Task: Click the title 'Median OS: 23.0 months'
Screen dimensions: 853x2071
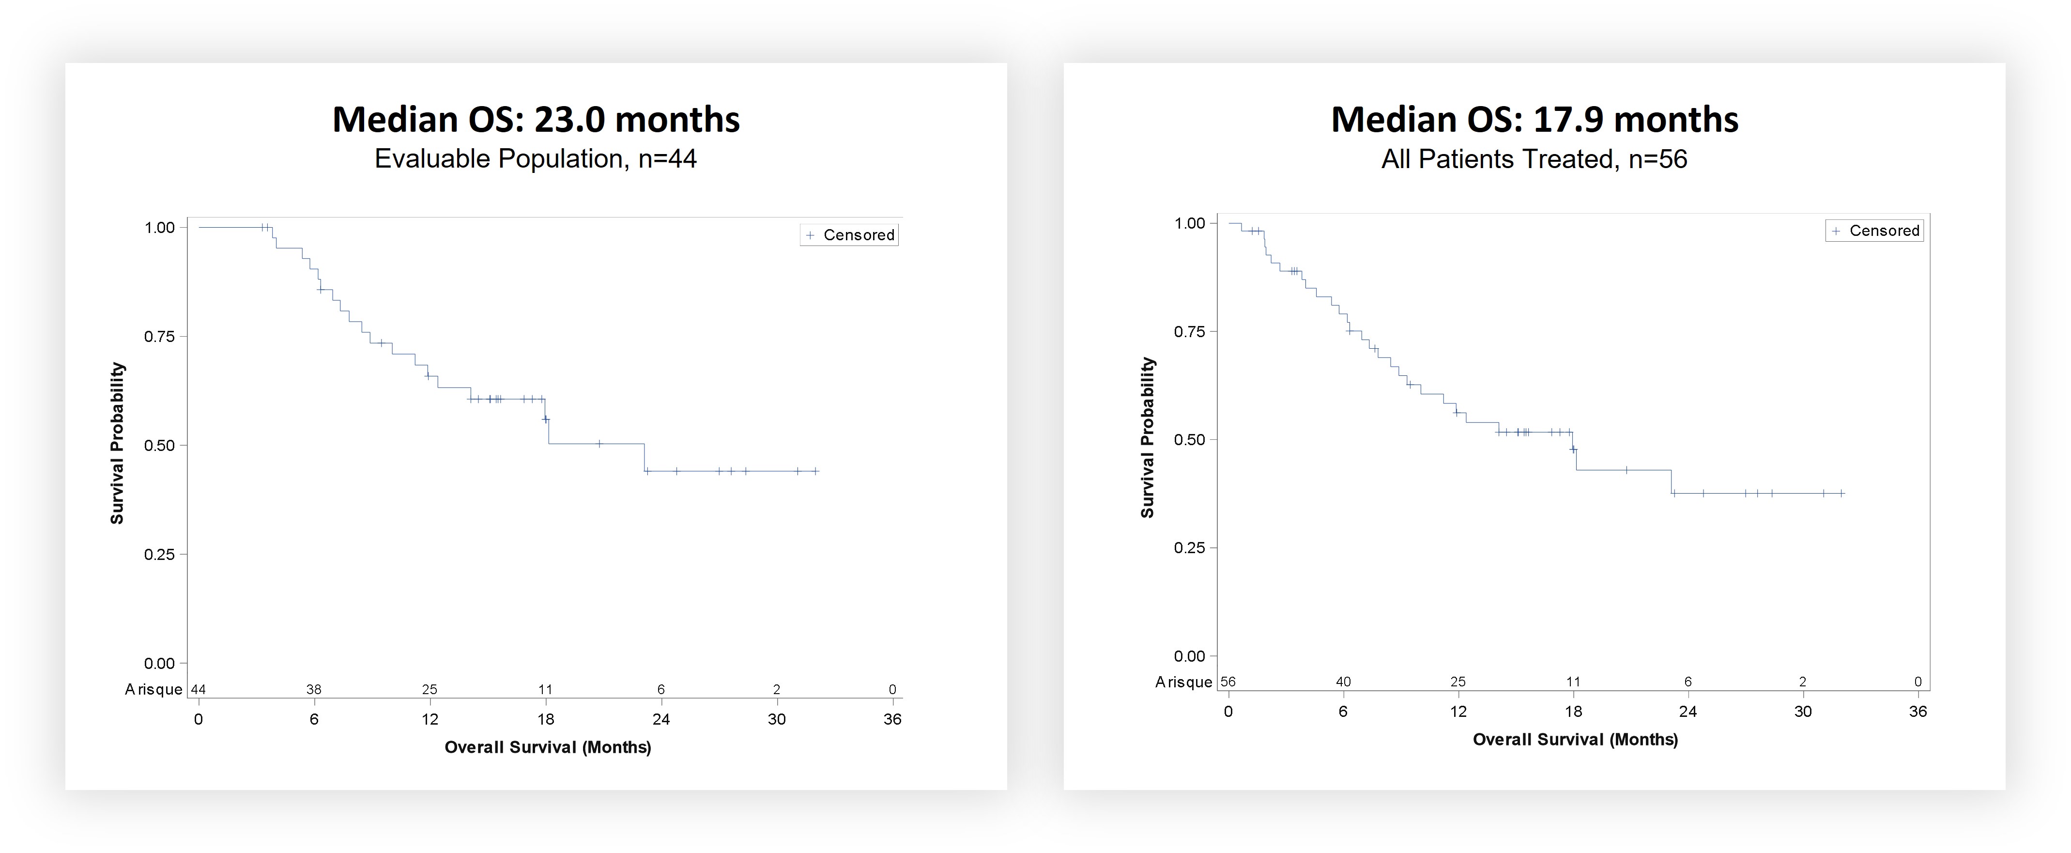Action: tap(536, 120)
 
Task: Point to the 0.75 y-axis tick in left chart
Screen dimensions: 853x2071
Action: tap(159, 336)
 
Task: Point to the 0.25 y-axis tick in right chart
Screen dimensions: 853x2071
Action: tap(1189, 547)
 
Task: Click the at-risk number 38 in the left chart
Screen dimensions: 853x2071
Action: tap(314, 689)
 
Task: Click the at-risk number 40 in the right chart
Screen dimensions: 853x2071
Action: tap(1343, 682)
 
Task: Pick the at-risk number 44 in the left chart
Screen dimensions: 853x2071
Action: tap(198, 689)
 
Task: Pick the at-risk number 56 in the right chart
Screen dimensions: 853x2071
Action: tap(1227, 682)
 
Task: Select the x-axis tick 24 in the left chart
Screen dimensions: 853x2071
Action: tap(661, 719)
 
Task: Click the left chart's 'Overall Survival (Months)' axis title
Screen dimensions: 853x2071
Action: tap(548, 747)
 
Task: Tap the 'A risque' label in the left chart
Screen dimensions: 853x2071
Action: tap(153, 689)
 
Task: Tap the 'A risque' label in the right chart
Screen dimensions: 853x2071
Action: tap(1183, 682)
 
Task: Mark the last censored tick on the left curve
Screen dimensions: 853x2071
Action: tap(815, 471)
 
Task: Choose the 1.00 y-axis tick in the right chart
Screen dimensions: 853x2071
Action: tap(1189, 223)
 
